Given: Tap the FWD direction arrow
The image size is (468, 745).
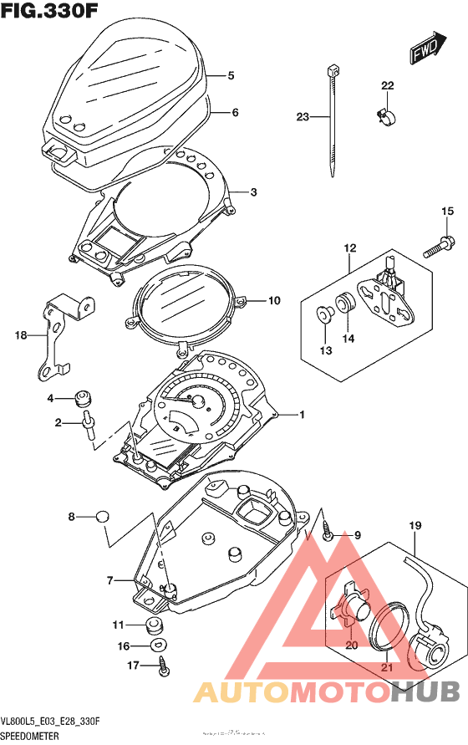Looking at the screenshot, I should [x=427, y=51].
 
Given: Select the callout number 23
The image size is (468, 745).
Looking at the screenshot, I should [x=303, y=117].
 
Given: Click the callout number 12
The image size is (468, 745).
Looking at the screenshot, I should [x=348, y=247].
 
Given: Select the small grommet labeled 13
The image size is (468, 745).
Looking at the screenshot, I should [x=324, y=314].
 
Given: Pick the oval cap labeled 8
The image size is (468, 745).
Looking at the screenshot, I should [x=102, y=516].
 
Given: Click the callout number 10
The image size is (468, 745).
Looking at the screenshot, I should [x=273, y=301].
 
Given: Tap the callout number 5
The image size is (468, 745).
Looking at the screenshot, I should [x=230, y=76].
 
